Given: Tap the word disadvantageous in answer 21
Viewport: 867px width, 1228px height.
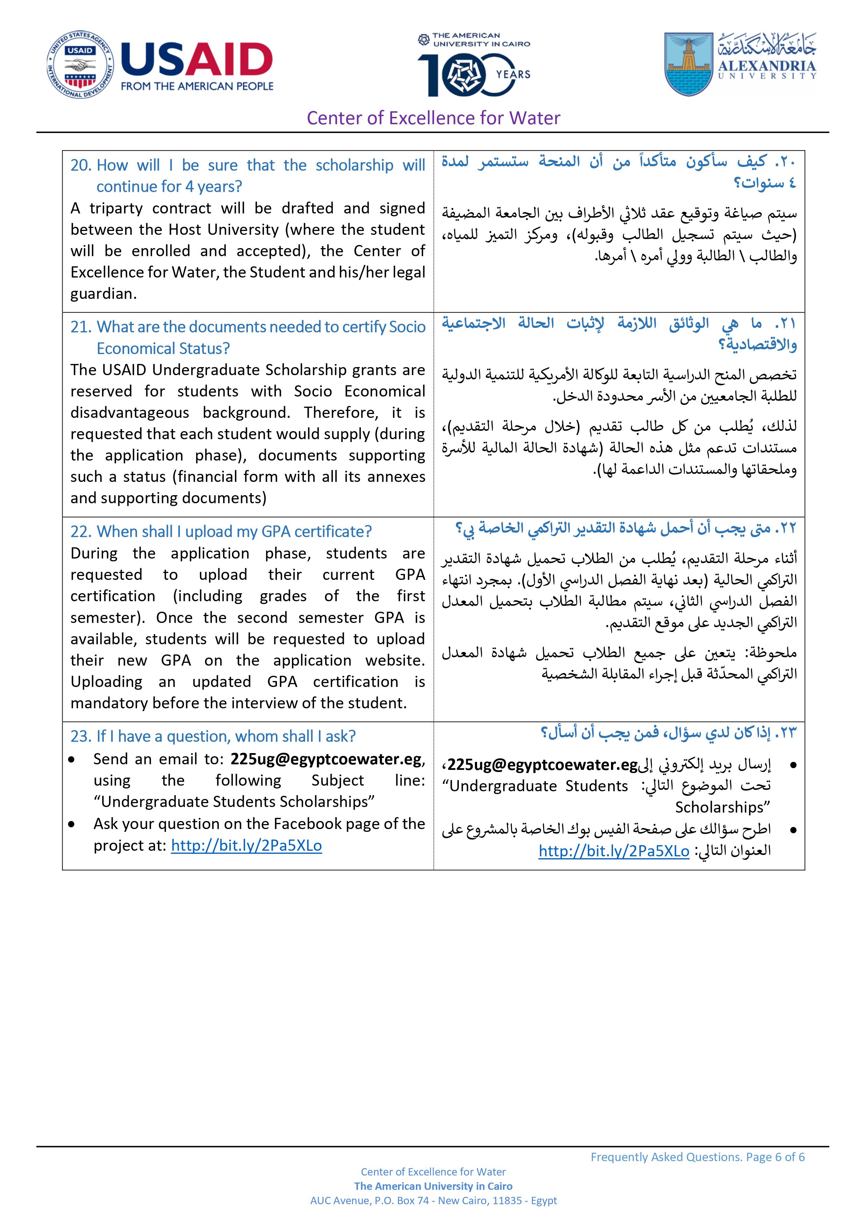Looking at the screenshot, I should (x=130, y=412).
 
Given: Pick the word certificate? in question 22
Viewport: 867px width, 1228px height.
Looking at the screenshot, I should (x=333, y=531).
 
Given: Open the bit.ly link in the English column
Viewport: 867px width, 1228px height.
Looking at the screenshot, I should (x=247, y=845).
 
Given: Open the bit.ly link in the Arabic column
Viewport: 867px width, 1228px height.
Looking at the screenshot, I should (x=614, y=851).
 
